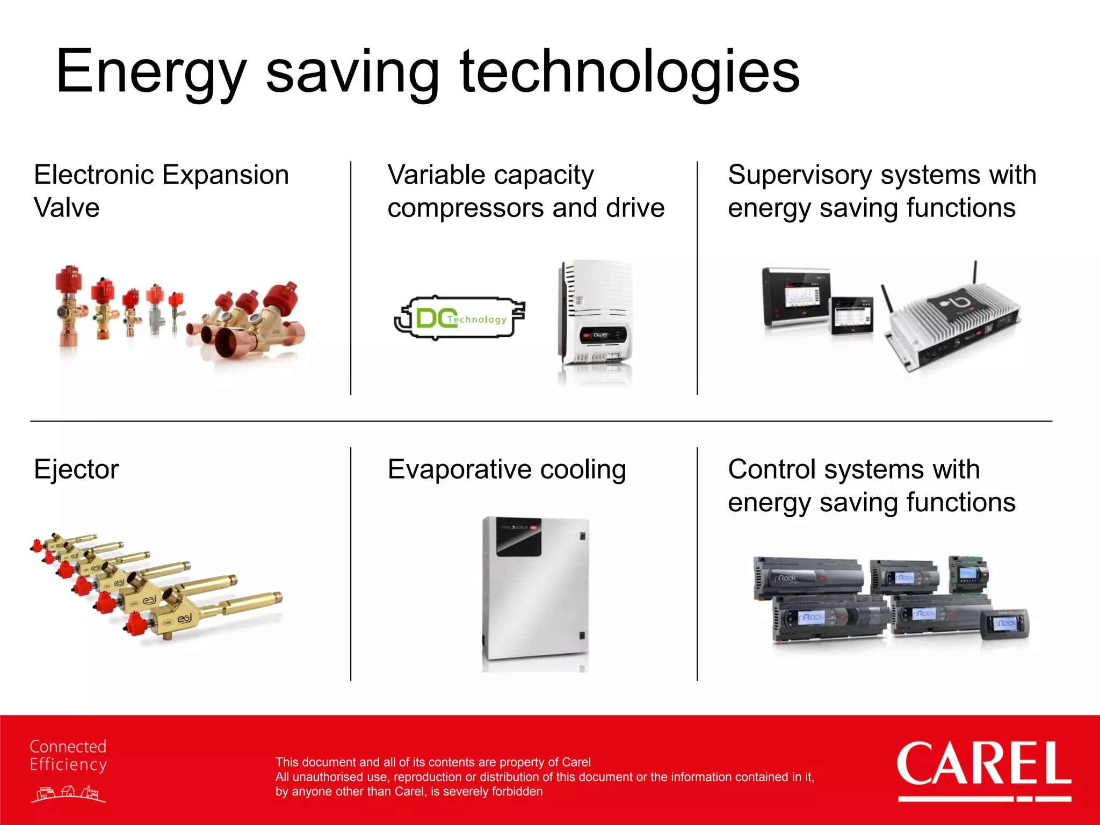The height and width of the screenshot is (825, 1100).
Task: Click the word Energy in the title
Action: tap(150, 73)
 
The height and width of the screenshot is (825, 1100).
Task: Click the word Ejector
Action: tap(76, 469)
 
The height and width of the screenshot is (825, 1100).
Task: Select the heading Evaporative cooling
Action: tap(506, 469)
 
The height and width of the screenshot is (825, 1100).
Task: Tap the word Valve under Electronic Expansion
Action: tap(67, 208)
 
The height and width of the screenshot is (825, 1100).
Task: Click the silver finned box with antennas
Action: tap(953, 322)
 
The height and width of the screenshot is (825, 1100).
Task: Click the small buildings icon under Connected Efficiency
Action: tap(68, 793)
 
